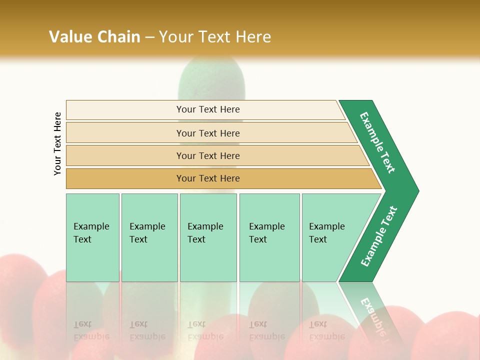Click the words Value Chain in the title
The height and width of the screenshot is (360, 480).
click(x=94, y=36)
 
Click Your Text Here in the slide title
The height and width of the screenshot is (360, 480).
click(x=215, y=36)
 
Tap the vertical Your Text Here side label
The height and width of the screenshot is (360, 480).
click(x=57, y=143)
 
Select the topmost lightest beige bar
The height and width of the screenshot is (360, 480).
click(x=207, y=109)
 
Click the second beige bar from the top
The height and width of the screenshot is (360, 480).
click(x=207, y=133)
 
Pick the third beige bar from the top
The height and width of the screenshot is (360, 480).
click(x=207, y=155)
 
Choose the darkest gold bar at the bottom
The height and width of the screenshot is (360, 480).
click(x=207, y=178)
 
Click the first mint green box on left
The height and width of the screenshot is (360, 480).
click(x=92, y=237)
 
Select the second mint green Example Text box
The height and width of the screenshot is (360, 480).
click(x=149, y=237)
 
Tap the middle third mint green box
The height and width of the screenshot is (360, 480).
click(x=208, y=237)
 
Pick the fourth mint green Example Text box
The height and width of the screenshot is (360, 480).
click(x=269, y=237)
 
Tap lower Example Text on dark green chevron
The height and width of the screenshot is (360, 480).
click(x=379, y=236)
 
